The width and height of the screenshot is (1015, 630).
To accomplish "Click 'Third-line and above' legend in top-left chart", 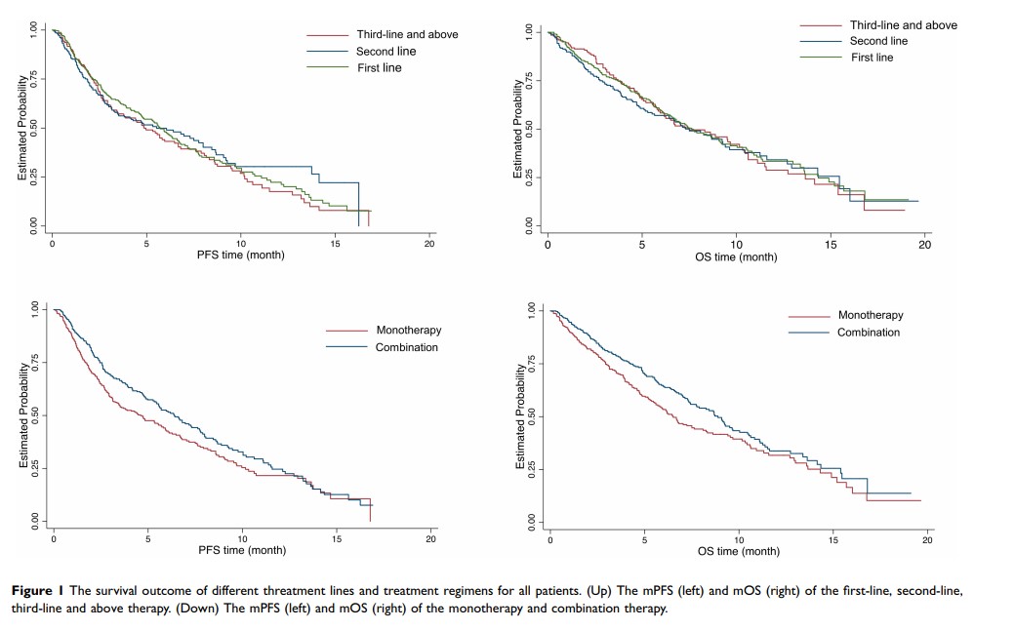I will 407,34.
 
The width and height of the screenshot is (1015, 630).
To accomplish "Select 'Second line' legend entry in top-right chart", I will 878,41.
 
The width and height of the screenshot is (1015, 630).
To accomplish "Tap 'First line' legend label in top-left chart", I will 379,67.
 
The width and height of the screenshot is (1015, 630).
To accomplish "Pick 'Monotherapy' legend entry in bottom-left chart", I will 409,331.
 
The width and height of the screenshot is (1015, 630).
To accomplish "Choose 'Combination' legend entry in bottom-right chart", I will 869,333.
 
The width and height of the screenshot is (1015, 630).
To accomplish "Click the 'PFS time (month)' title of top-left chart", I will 242,256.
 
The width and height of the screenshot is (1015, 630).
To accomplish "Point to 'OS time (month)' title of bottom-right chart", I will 739,551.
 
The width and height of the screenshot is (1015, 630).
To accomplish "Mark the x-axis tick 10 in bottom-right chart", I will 739,538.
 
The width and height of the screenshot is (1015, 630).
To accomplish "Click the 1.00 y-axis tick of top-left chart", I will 32,31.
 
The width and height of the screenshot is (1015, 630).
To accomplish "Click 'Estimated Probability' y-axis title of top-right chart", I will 517,129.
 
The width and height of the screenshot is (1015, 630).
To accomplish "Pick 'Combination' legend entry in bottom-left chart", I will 407,347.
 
